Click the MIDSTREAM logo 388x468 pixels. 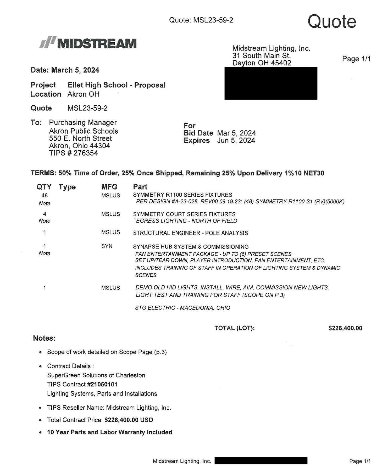coord(88,43)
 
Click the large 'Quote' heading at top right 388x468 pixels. coord(332,21)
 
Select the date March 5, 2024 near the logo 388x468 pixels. coord(75,70)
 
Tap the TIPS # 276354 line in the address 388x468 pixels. coord(74,153)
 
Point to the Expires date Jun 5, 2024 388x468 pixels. coord(236,141)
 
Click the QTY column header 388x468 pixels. coord(44,187)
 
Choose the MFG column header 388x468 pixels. coord(109,187)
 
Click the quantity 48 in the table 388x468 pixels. coord(45,195)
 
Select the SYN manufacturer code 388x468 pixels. coord(107,246)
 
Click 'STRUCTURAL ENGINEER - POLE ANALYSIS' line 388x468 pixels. coord(190,233)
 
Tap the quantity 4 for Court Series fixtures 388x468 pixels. coord(45,214)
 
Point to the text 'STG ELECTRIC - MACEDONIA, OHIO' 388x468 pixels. coord(182,308)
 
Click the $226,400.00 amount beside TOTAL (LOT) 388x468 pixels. coord(345,328)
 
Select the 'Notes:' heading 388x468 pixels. coord(44,338)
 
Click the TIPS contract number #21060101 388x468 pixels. coord(102,384)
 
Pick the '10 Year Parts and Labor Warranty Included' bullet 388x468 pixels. coord(109,432)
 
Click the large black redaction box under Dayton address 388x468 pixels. coord(271,83)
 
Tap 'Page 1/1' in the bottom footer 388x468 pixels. coord(360,461)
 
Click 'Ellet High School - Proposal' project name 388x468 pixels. coord(117,85)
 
